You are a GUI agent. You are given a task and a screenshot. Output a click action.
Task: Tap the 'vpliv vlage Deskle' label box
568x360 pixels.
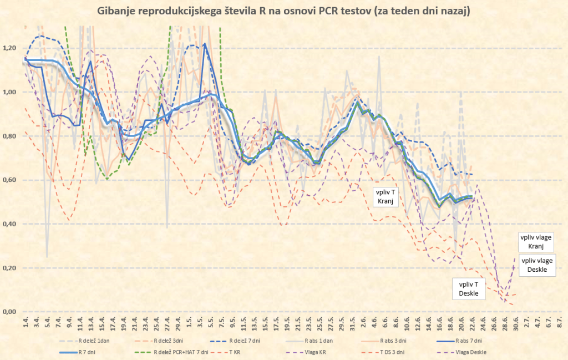coord(537,265)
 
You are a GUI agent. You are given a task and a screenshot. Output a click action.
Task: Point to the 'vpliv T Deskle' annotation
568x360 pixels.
coord(469,288)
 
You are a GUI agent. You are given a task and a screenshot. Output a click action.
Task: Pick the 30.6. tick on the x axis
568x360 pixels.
coord(516,322)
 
